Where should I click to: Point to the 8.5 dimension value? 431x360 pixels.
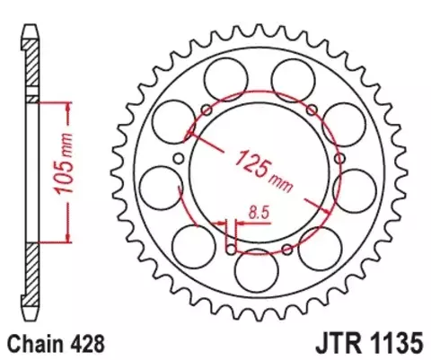coord(257,214)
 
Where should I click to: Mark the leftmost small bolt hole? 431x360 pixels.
coord(178,159)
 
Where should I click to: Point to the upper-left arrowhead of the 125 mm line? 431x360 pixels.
coord(191,134)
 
